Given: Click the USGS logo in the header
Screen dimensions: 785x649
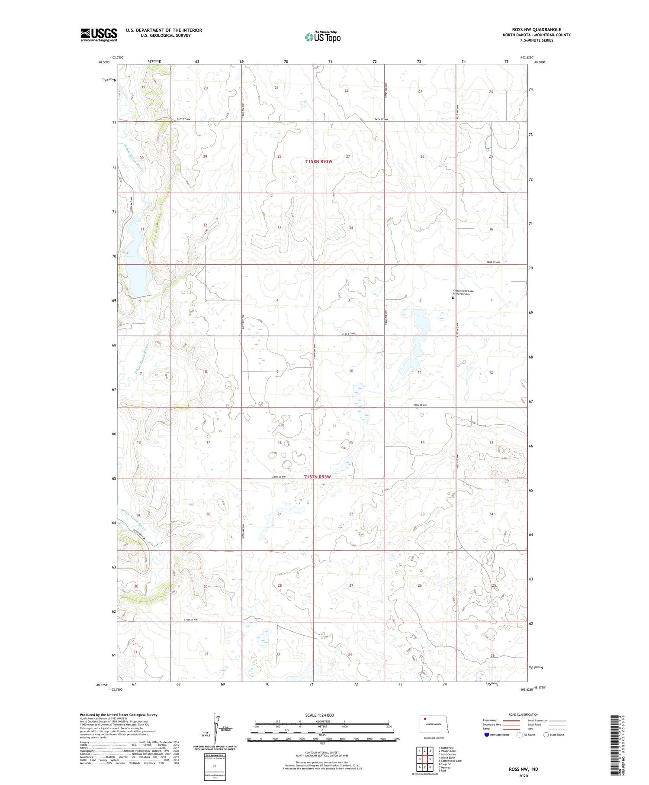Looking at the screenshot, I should click(x=99, y=35).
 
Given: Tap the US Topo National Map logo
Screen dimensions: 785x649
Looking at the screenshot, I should click(x=323, y=37).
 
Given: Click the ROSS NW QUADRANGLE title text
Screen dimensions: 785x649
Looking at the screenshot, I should click(x=536, y=29).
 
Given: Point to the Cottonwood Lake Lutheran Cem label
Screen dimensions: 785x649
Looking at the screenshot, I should click(x=463, y=292).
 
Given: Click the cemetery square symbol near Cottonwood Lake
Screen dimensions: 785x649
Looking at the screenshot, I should click(x=453, y=298).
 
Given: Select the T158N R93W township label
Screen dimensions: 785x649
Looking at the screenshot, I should click(x=319, y=162).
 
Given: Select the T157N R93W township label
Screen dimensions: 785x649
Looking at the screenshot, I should click(x=317, y=477).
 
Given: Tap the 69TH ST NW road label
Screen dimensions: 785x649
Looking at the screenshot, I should click(x=280, y=477).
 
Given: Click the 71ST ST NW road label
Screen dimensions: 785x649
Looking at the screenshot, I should click(x=348, y=333).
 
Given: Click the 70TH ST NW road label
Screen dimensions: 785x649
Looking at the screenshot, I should click(x=420, y=405).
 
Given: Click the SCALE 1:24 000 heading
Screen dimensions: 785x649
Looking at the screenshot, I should click(x=322, y=715).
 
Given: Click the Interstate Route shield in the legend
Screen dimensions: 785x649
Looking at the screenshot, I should click(x=487, y=735).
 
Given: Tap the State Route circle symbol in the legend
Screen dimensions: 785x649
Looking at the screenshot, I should click(x=546, y=735).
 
